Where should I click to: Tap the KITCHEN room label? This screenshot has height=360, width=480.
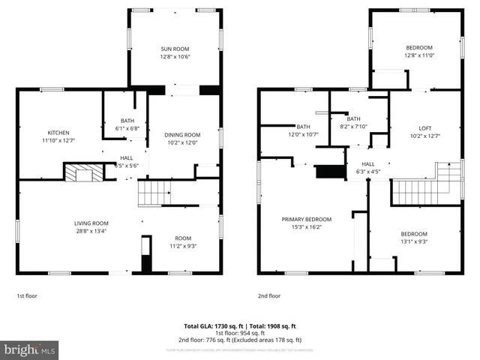pos(58,132)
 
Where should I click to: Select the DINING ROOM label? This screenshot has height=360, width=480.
pos(182,135)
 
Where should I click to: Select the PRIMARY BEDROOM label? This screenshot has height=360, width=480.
pos(306,219)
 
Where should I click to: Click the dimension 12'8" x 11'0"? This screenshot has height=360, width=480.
pos(418,55)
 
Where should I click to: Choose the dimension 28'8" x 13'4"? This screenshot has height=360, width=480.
pos(91,231)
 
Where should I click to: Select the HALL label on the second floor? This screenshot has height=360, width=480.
pos(368,164)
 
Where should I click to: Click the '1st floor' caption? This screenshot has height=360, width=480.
pos(26,296)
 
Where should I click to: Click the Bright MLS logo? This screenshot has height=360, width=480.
pos(30,349)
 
